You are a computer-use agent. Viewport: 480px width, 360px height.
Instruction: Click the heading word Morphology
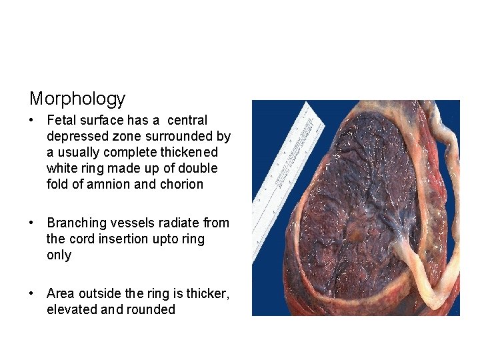77,99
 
